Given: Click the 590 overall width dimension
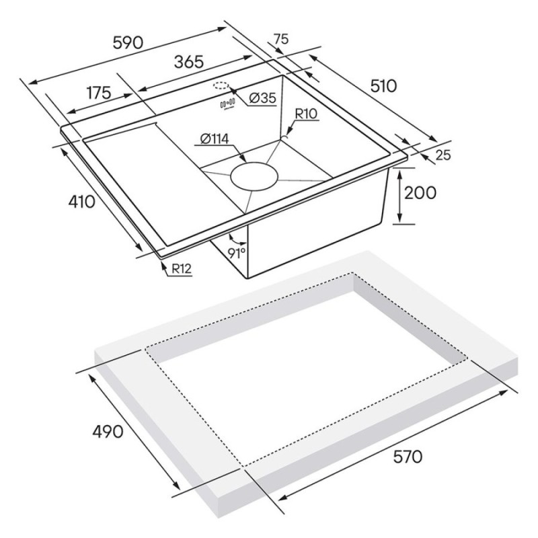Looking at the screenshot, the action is coord(128,43).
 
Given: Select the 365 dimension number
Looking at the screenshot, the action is coord(189,62).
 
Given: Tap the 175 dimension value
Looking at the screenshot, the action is coord(99,93).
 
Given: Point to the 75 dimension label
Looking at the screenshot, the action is coord(281,40).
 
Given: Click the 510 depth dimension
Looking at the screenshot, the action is coord(383,86).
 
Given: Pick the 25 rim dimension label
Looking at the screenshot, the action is coord(443,155).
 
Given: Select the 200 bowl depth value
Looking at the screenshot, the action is coord(420,193).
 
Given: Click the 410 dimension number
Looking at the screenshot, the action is coord(81,202).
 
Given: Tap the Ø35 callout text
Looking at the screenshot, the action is coord(262,98).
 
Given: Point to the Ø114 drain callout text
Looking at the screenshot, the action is coord(215,139).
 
